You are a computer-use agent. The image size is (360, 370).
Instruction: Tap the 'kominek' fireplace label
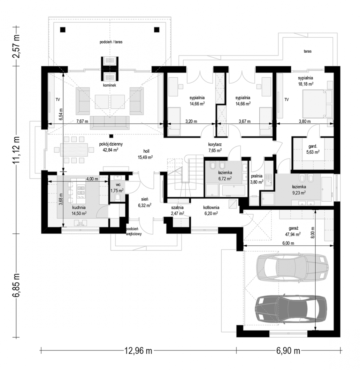109,85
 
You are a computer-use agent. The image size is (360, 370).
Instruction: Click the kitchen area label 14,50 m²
79,213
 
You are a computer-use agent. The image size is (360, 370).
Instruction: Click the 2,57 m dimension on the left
17,47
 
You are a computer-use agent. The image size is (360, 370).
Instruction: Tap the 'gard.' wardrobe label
313,146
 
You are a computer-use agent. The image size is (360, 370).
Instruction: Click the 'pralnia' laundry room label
256,176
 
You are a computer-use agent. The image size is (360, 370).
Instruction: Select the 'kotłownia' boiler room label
211,208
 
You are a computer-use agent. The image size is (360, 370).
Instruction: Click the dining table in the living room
74,150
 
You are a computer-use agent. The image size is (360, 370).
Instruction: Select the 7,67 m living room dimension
82,121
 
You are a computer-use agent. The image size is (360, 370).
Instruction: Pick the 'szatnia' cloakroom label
177,208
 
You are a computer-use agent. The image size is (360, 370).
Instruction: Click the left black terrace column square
63,30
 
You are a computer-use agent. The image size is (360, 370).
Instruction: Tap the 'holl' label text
146,151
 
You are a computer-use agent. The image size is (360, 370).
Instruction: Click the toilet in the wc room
118,197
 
